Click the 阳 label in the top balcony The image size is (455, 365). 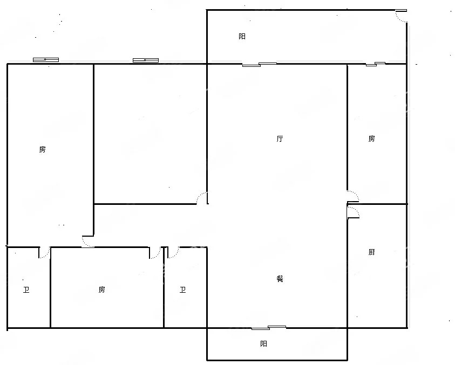(242, 36)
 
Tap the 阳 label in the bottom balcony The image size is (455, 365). (263, 344)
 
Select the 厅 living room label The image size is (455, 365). (280, 139)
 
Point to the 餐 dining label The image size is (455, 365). (280, 279)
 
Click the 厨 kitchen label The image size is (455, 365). (372, 252)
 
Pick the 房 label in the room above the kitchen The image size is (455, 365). (372, 139)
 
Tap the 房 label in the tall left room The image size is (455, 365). (42, 149)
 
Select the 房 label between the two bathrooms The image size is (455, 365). (101, 290)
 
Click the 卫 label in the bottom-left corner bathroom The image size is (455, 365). (26, 290)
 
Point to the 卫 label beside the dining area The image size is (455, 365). (182, 290)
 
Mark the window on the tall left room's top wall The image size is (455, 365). (46, 60)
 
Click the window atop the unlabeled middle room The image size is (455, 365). (146, 60)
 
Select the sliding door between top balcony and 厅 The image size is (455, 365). (260, 64)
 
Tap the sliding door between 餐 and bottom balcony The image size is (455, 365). (269, 328)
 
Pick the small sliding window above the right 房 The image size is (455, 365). (376, 64)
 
